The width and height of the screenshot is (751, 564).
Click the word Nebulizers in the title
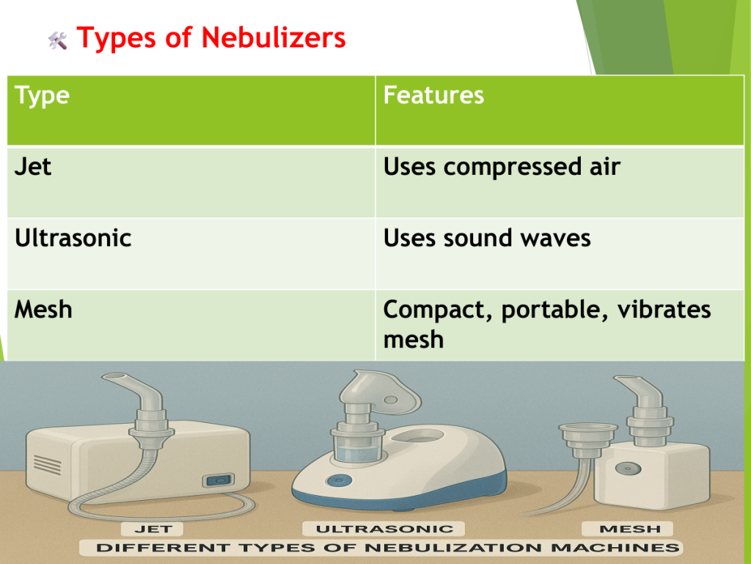(x=274, y=37)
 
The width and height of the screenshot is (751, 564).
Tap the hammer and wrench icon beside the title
(x=58, y=41)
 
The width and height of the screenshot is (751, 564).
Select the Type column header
(x=42, y=95)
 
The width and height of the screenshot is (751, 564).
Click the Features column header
(x=433, y=95)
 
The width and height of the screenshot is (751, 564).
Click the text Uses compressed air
(x=502, y=167)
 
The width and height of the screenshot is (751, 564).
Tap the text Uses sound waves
(x=487, y=238)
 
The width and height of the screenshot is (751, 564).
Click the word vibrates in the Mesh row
(x=664, y=309)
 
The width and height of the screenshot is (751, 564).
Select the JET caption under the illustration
(x=153, y=529)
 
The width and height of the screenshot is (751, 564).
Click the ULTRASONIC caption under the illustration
(x=384, y=529)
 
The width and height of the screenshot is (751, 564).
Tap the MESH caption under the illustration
(x=630, y=529)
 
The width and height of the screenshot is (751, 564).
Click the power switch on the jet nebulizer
(x=219, y=480)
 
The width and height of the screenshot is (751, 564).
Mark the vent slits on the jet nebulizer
(x=48, y=465)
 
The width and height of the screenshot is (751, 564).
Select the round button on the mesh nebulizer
(x=628, y=468)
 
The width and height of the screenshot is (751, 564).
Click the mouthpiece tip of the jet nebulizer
(x=113, y=377)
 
